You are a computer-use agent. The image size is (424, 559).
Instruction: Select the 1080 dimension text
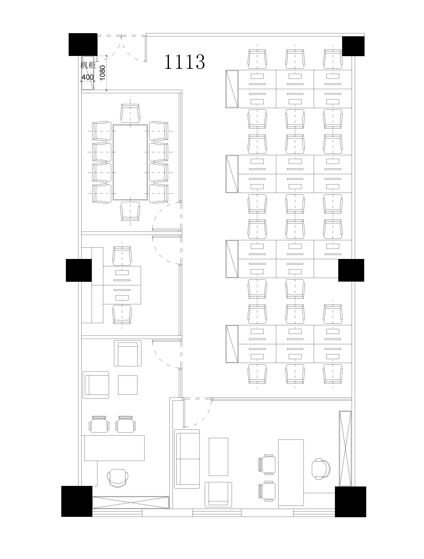tap(102, 73)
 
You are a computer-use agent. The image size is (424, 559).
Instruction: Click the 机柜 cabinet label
tap(88, 65)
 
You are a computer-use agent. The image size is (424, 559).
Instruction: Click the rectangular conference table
tap(130, 162)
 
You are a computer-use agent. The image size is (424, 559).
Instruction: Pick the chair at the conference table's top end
tap(130, 112)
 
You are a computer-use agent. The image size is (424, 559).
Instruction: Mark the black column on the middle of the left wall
tap(79, 270)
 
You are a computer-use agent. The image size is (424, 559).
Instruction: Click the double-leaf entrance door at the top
tap(121, 48)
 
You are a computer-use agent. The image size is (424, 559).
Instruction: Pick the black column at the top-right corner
tap(353, 46)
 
